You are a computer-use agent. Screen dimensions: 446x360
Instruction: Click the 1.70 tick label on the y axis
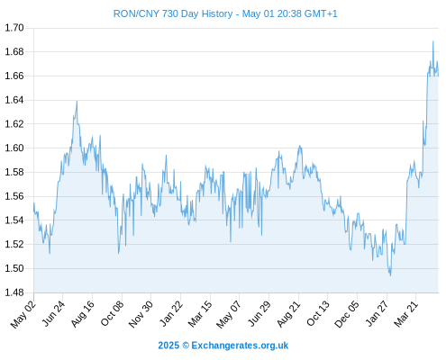pyautogui.click(x=14, y=28)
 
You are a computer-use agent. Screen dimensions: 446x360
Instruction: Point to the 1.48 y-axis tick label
pyautogui.click(x=14, y=292)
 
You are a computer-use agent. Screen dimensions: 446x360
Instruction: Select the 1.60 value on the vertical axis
pyautogui.click(x=14, y=148)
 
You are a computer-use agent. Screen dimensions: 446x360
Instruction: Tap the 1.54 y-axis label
pyautogui.click(x=14, y=220)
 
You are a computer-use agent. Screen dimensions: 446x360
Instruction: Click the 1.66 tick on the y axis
pyautogui.click(x=14, y=76)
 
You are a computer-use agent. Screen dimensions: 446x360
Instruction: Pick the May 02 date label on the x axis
pyautogui.click(x=23, y=314)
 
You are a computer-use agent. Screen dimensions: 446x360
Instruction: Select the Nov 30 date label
pyautogui.click(x=141, y=314)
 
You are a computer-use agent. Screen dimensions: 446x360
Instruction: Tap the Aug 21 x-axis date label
pyautogui.click(x=288, y=314)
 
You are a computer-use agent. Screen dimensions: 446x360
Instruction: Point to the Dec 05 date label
pyautogui.click(x=347, y=314)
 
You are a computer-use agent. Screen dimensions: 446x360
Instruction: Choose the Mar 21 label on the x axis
pyautogui.click(x=405, y=314)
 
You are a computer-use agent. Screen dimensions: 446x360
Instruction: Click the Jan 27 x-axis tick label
pyautogui.click(x=377, y=314)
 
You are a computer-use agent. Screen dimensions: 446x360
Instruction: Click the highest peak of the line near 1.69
pyautogui.click(x=433, y=41)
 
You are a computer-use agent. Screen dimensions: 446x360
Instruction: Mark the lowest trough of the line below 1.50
pyautogui.click(x=390, y=275)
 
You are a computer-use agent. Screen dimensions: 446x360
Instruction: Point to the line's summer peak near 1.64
pyautogui.click(x=77, y=101)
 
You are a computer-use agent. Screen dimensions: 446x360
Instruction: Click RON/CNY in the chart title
pyautogui.click(x=136, y=13)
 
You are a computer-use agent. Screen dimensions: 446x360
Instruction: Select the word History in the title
pyautogui.click(x=217, y=13)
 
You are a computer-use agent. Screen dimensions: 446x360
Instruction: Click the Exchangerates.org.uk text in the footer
pyautogui.click(x=240, y=346)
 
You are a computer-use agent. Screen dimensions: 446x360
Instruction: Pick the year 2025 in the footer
pyautogui.click(x=168, y=346)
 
